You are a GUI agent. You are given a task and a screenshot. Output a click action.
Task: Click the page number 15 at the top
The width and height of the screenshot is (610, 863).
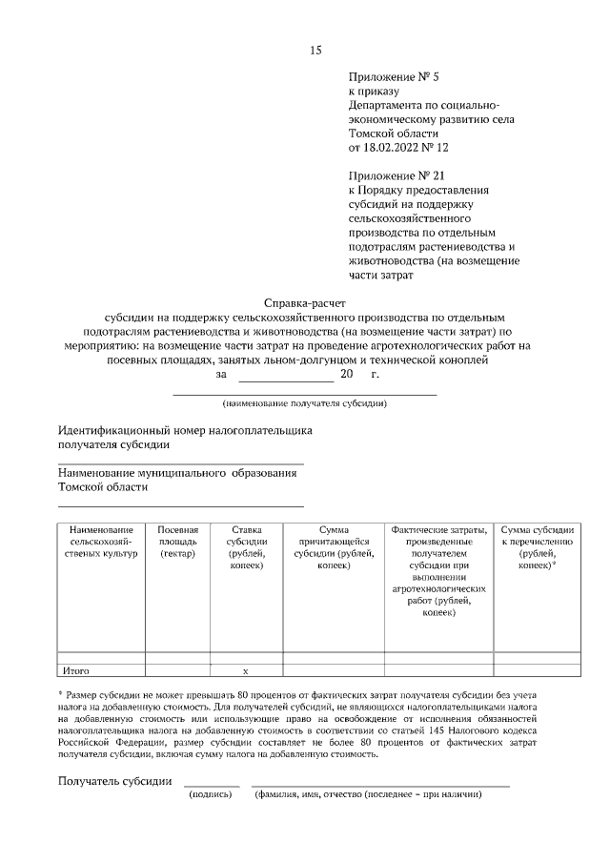click(315, 51)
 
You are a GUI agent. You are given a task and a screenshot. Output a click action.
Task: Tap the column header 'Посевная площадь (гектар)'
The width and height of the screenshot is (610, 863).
click(177, 541)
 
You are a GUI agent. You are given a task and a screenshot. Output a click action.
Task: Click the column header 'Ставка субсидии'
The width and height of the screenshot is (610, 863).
click(246, 547)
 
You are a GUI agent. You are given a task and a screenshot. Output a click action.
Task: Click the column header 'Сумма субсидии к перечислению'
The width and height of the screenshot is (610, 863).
click(538, 547)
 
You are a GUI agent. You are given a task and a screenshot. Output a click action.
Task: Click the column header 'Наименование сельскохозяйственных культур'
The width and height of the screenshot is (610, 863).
click(100, 541)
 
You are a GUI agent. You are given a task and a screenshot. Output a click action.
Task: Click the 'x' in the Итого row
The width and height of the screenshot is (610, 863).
click(246, 671)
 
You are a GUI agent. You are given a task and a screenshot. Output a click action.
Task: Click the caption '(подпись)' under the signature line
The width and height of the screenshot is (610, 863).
click(212, 794)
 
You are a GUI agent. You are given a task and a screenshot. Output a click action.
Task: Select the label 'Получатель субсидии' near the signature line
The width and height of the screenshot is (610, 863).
click(114, 781)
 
